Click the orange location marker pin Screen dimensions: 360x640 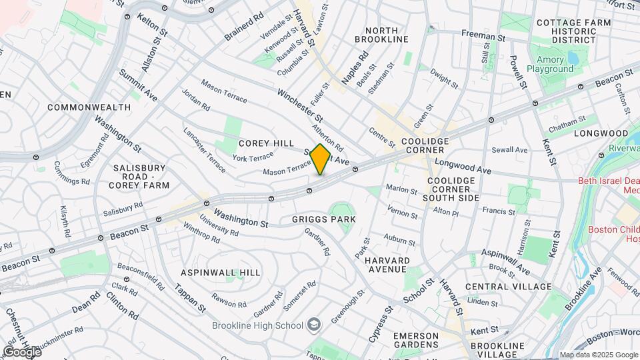pos(321,159)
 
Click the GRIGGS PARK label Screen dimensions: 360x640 pos(323,219)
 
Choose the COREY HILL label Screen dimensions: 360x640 pos(266,143)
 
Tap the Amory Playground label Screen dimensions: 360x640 pos(550,64)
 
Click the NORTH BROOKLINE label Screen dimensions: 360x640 pos(381,35)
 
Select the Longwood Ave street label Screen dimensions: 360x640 pos(463,167)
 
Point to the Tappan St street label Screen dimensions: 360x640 pos(189,297)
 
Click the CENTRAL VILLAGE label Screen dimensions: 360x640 pos(508,287)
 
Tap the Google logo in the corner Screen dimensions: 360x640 pos(22,351)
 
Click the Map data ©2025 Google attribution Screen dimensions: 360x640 pos(597,355)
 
